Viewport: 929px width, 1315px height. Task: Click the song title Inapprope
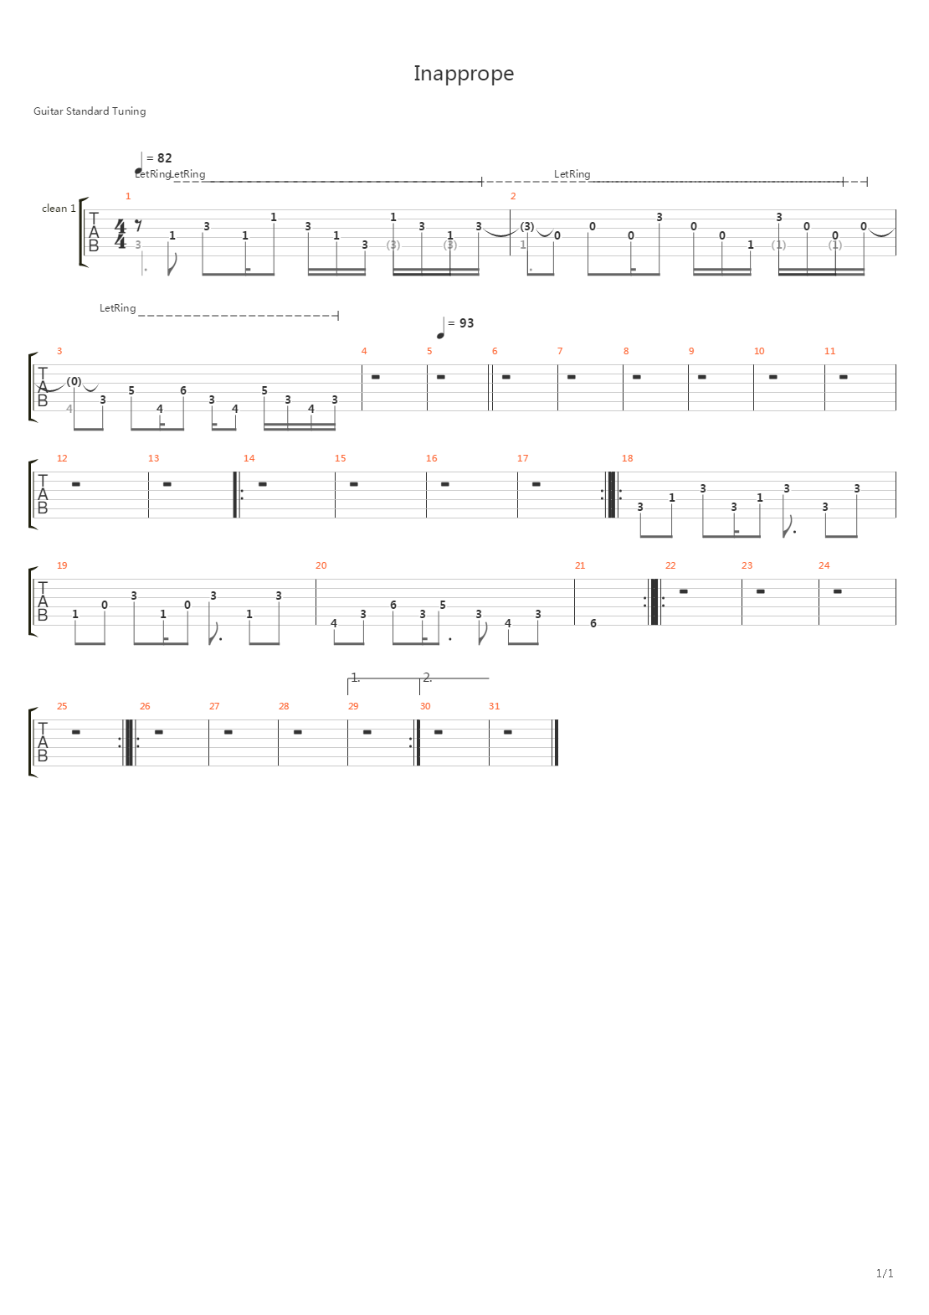(x=464, y=74)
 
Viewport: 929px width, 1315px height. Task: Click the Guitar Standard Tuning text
(x=90, y=111)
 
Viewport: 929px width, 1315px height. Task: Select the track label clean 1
(x=59, y=209)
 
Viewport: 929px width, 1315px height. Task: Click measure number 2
(x=513, y=196)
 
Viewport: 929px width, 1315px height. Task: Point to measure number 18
(x=627, y=458)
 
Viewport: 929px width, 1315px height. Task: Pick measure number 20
(x=321, y=565)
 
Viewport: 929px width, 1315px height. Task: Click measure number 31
(x=494, y=706)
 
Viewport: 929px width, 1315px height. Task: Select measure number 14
(x=249, y=458)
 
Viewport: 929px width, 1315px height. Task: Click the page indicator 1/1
(x=885, y=1273)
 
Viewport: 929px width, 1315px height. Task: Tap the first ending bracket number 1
(x=355, y=677)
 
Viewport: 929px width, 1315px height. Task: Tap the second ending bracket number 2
(x=427, y=677)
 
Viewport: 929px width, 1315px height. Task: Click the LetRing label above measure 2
(x=572, y=174)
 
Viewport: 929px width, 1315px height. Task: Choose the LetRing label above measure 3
(x=117, y=308)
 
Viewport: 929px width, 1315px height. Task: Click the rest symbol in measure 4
(x=375, y=377)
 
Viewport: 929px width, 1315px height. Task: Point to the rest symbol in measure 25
(x=75, y=732)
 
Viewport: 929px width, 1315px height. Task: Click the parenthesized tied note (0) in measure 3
(x=74, y=382)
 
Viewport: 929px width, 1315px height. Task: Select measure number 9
(x=691, y=351)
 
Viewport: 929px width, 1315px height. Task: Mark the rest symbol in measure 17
(x=536, y=484)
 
